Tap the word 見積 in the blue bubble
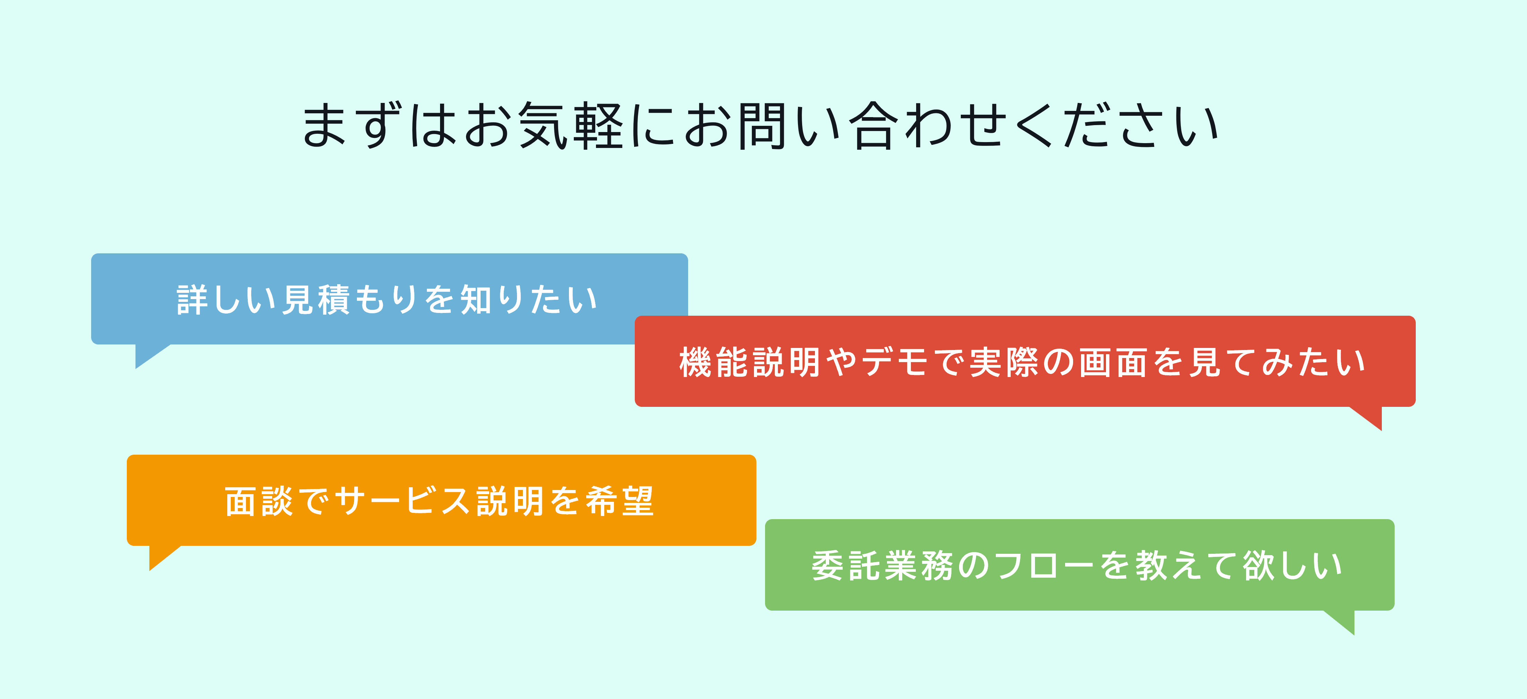point(316,299)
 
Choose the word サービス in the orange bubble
point(403,501)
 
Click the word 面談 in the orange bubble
point(259,501)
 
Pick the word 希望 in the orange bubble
point(620,501)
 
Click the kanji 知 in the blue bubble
point(476,299)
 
